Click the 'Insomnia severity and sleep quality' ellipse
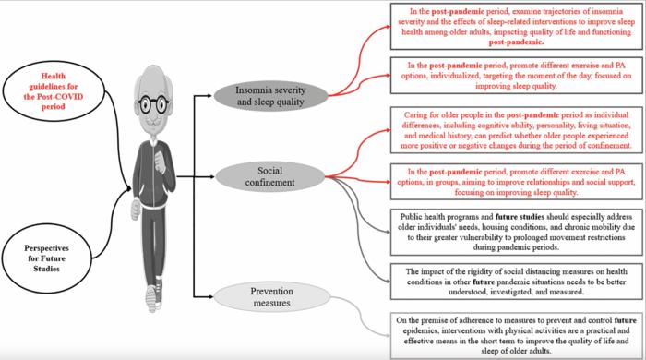point(270,96)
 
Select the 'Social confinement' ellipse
point(270,176)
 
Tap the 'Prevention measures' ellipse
point(272,297)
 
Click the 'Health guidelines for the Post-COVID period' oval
point(54,91)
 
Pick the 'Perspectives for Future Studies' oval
point(46,258)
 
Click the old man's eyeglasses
point(153,104)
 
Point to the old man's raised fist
point(160,161)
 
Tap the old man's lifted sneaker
point(151,298)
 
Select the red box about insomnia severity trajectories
point(515,27)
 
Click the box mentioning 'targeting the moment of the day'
point(515,76)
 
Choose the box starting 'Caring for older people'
point(515,130)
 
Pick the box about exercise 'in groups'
point(515,182)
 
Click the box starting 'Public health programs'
point(515,232)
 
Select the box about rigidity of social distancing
point(515,282)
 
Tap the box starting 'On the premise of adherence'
point(515,335)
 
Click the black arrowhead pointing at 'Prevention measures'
point(210,296)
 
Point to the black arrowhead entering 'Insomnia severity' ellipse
point(210,96)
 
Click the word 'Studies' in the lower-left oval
point(46,269)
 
